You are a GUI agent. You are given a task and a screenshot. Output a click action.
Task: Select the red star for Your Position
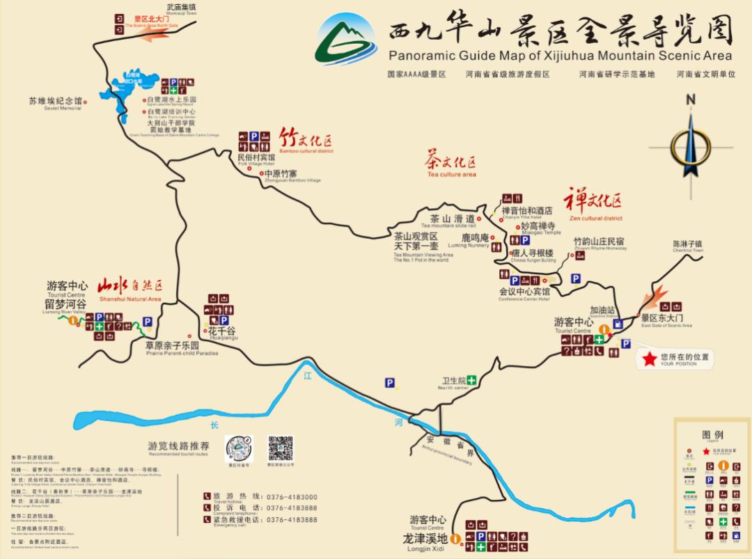tap(649, 359)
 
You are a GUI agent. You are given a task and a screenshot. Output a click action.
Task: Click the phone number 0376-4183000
tap(290, 496)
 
